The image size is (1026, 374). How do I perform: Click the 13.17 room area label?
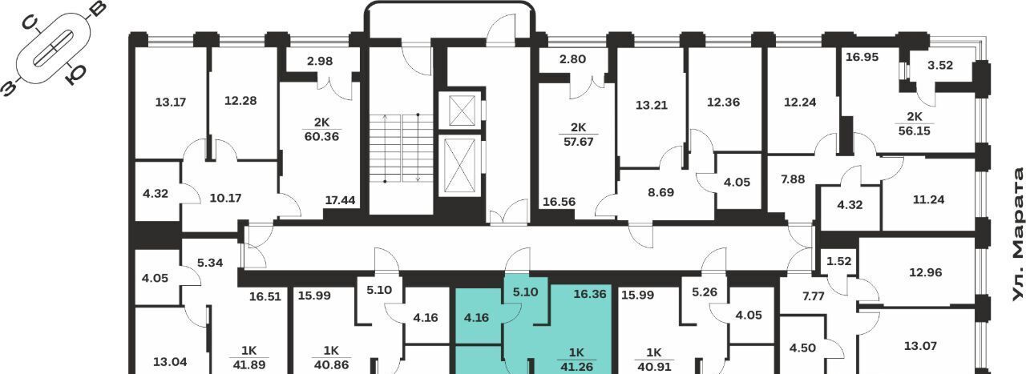point(171,102)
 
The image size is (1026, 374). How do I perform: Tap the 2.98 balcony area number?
point(320,61)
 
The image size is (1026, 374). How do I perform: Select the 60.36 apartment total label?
point(321,136)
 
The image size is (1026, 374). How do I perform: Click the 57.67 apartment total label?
point(579,142)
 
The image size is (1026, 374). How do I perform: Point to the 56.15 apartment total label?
point(915,131)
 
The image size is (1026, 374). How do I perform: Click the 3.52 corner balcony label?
point(940,65)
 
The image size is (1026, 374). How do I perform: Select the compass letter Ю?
point(76,74)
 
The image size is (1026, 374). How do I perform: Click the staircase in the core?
point(402,148)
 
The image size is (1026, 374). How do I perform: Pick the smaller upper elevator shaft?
point(461,111)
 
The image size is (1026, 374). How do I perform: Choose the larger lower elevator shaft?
point(461,166)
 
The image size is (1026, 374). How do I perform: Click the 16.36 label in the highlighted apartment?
point(590,294)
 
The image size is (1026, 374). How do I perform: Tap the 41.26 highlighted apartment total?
point(576,367)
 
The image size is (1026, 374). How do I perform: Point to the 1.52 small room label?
point(838,261)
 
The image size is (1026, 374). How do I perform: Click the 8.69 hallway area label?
point(660,192)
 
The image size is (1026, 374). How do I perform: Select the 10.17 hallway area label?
point(225,199)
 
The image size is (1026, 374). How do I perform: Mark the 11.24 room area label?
point(928,199)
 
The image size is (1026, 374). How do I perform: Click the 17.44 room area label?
point(340,200)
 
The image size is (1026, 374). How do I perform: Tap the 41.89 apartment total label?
point(248,365)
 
